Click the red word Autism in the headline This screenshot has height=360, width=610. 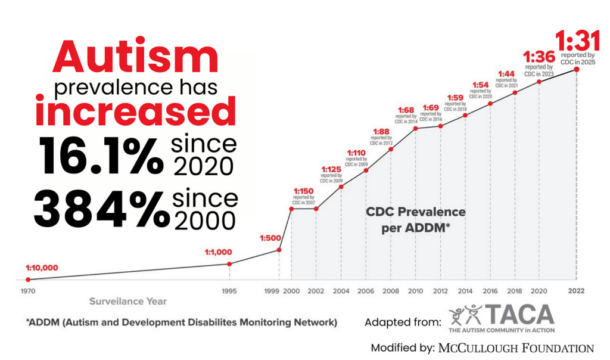(x=136, y=58)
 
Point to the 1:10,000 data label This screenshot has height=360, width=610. (x=42, y=268)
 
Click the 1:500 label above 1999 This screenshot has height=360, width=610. (x=270, y=238)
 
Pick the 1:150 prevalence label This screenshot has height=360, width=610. (x=303, y=191)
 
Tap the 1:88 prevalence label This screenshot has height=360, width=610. (x=381, y=131)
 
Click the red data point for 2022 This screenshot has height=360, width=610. (x=576, y=70)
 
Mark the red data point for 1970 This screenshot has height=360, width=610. (x=27, y=279)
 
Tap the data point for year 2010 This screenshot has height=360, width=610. (x=415, y=128)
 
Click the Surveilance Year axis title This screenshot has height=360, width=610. (x=128, y=302)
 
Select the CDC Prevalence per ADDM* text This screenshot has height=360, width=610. (x=415, y=220)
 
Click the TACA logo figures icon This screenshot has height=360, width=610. (x=465, y=315)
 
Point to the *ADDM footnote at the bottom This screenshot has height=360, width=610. (x=181, y=322)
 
